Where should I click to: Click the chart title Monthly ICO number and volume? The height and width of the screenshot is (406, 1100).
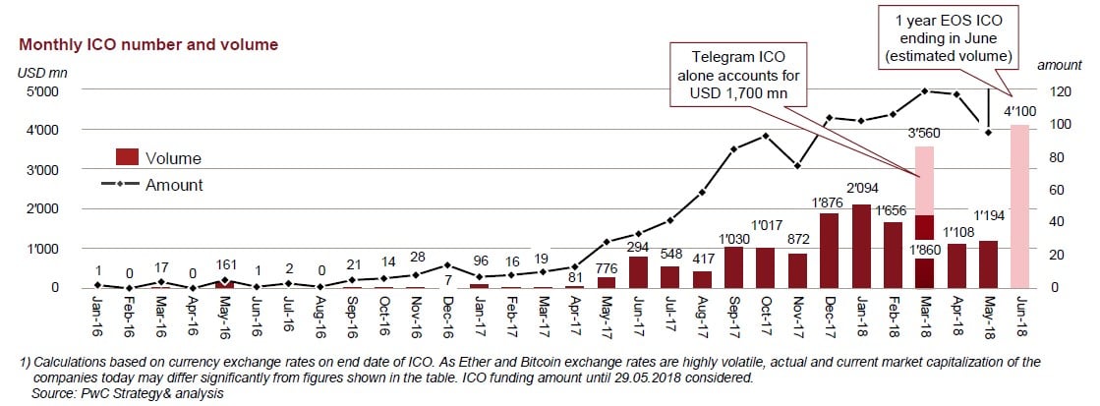(147, 44)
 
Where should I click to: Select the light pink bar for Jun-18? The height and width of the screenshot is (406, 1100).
(1019, 205)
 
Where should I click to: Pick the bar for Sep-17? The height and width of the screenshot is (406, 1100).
(733, 266)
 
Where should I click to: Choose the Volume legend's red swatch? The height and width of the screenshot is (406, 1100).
(127, 157)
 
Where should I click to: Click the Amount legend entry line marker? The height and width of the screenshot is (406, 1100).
(120, 185)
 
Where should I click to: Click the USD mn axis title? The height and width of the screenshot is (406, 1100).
(41, 71)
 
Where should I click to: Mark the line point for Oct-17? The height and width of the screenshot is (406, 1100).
(765, 135)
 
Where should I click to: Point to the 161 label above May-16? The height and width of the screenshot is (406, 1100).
(225, 264)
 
